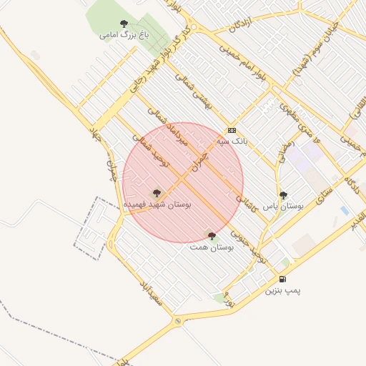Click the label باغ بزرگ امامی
click(x=118, y=34)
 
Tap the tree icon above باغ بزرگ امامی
click(x=124, y=24)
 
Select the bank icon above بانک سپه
click(x=232, y=131)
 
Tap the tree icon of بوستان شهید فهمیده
click(x=157, y=193)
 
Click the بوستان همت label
click(x=212, y=247)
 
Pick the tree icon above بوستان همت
click(x=211, y=235)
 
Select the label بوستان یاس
click(x=284, y=205)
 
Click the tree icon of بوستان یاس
click(x=283, y=194)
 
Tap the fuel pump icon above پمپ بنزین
click(x=284, y=279)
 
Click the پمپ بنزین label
click(x=284, y=290)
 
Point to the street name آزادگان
click(x=242, y=23)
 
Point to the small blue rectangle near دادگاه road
click(x=345, y=211)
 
